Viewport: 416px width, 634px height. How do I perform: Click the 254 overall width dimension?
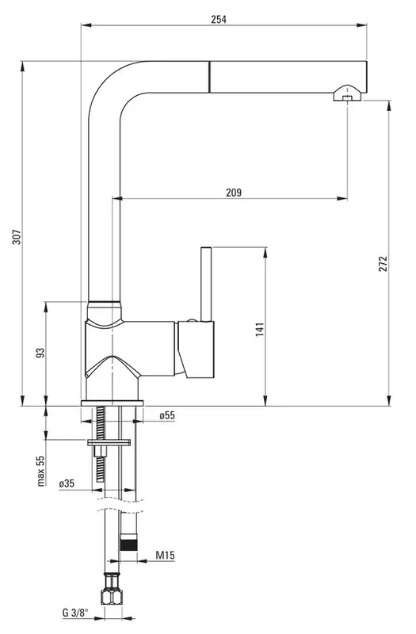[x=219, y=19]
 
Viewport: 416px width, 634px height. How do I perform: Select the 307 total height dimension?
[x=17, y=236]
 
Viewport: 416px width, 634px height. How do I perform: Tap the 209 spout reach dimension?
[x=234, y=192]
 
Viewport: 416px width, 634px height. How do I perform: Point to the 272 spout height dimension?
[x=383, y=263]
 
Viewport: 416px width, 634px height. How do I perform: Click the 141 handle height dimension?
[x=260, y=329]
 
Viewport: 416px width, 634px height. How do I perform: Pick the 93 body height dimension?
[x=40, y=353]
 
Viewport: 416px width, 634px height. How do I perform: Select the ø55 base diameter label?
[x=167, y=415]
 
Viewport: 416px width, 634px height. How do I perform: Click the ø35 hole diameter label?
[x=67, y=483]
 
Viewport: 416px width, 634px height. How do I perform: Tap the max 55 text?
[x=40, y=470]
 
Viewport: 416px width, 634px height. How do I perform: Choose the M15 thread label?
[x=166, y=556]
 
